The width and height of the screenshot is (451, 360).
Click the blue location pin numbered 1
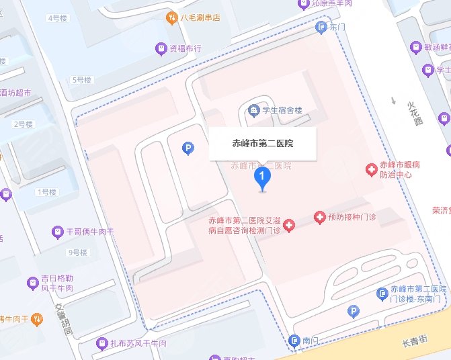261,178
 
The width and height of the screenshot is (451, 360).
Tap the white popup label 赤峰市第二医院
262,143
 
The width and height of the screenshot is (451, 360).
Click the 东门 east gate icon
321,27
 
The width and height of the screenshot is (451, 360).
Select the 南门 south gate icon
294,341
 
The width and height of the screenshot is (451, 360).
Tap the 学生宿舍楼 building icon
253,109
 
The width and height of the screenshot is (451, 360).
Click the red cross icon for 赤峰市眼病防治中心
370,170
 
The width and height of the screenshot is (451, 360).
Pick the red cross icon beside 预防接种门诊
320,218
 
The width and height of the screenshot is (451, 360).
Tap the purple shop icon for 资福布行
161,48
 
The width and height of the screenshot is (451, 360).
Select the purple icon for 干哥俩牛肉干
57,232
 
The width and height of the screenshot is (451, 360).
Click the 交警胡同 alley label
64,318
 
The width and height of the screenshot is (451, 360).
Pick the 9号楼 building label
78,253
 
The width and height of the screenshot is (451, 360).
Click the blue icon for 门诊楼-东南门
382,293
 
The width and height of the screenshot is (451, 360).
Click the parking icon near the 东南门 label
352,311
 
